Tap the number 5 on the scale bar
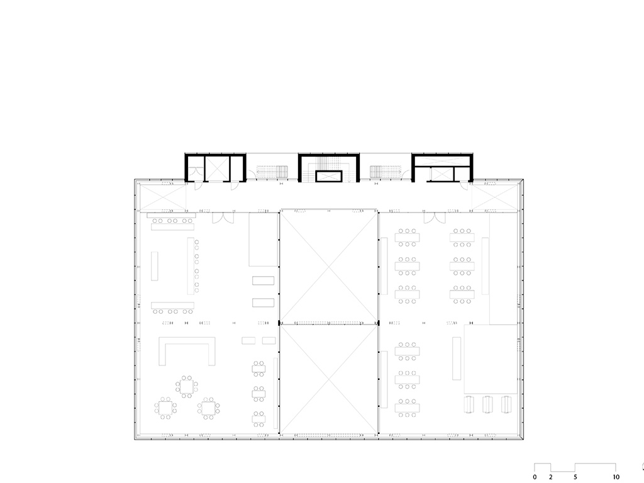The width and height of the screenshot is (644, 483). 575,477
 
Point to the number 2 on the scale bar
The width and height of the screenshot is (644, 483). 551,477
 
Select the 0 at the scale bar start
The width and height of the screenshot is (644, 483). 535,477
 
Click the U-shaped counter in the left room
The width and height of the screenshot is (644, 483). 187,350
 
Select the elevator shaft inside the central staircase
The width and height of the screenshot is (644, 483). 328,176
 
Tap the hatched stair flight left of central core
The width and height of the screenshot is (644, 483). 273,172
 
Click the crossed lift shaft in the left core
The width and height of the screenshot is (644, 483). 217,168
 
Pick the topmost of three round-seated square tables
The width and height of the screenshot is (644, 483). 187,386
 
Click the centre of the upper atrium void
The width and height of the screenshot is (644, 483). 328,266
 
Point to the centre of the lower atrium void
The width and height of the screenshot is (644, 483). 328,379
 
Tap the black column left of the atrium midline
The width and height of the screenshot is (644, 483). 279,323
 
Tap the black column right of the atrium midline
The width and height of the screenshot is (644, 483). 379,323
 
